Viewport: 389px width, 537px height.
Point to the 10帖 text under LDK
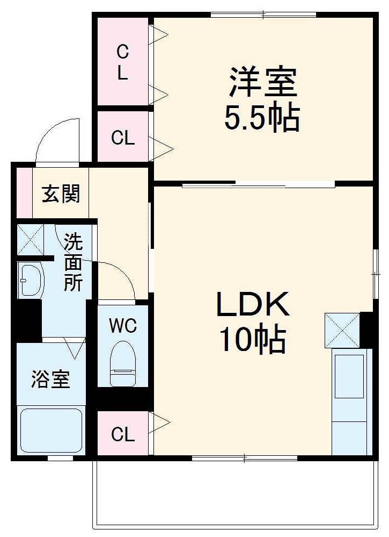click(252, 340)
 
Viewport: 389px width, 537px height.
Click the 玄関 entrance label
click(61, 194)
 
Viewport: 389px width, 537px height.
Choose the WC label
click(123, 325)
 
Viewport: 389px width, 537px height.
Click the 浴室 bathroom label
click(50, 380)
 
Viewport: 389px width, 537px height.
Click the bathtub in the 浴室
click(52, 430)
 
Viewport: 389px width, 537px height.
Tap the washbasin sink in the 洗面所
click(30, 280)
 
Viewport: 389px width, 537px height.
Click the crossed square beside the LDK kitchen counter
click(342, 330)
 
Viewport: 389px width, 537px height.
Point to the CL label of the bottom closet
click(123, 434)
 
